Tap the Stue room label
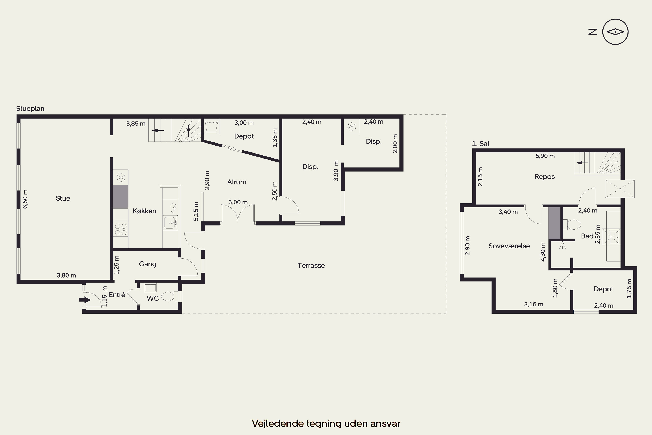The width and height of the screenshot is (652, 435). tap(63, 198)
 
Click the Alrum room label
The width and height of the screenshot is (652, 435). tap(237, 182)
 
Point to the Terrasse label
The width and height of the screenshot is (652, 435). tap(311, 266)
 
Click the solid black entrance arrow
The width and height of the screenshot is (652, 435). tap(85, 300)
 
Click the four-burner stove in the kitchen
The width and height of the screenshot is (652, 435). tap(121, 229)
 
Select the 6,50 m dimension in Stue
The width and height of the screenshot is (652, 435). tap(25, 199)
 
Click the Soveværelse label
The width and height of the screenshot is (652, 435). tap(509, 246)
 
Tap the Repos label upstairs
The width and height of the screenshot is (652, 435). tap(544, 177)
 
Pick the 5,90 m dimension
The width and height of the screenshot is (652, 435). tap(545, 156)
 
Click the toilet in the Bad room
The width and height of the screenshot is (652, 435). tap(572, 225)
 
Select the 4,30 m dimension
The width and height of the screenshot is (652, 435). tap(543, 252)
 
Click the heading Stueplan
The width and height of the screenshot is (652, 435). tap(30, 109)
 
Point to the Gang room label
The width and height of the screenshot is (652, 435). tap(148, 264)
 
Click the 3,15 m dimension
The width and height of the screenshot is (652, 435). tap(534, 304)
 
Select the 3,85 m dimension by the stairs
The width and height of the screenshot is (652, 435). tap(136, 124)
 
